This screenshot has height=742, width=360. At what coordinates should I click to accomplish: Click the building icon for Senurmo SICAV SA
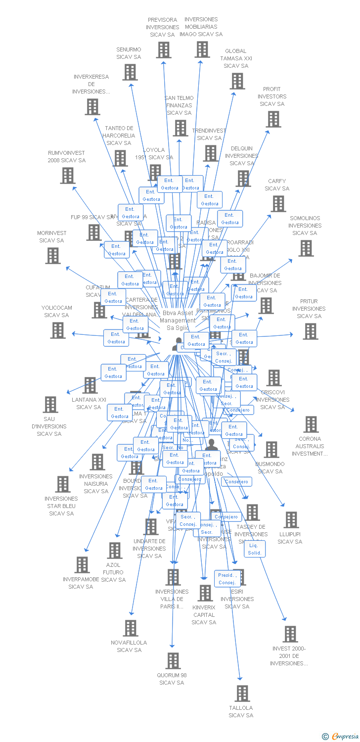(x=130, y=72)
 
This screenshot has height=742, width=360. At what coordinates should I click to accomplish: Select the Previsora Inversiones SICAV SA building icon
(x=163, y=50)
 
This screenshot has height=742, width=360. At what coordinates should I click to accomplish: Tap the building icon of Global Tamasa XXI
(x=237, y=81)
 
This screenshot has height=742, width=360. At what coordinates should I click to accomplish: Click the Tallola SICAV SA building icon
(x=242, y=694)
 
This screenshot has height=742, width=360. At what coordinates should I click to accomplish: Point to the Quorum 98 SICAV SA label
(x=172, y=679)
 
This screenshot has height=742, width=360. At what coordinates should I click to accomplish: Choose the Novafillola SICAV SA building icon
(x=130, y=628)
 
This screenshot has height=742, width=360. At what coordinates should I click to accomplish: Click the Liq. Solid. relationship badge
(x=255, y=549)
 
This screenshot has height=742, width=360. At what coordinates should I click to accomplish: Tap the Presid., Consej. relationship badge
(x=227, y=579)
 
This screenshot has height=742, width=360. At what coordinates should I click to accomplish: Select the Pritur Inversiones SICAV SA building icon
(x=310, y=331)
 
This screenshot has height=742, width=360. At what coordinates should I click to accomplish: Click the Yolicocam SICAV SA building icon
(x=58, y=330)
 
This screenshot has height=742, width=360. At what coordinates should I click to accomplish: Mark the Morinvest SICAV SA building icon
(x=53, y=256)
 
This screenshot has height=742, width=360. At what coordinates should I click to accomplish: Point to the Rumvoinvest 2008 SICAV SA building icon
(x=68, y=176)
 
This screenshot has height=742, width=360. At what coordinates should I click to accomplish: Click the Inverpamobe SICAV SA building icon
(x=82, y=565)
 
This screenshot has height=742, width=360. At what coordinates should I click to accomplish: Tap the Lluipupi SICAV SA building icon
(x=291, y=520)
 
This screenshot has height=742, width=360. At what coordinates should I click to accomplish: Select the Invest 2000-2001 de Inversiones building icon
(x=290, y=634)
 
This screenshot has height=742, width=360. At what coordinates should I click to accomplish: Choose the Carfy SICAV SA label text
(x=277, y=185)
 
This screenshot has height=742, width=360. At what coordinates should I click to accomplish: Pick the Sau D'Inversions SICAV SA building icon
(x=50, y=405)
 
